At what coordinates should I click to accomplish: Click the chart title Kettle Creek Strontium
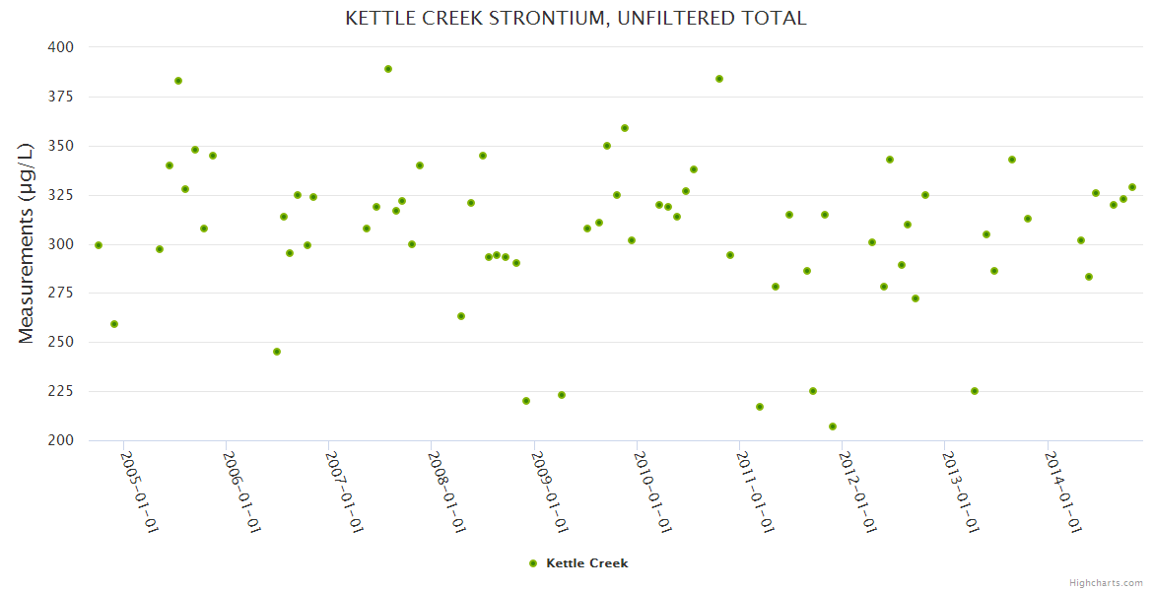pos(576,18)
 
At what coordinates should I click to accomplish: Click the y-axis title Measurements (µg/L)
pos(27,243)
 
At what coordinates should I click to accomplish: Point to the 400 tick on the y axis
pos(61,47)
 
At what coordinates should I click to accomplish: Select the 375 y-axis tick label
pos(61,97)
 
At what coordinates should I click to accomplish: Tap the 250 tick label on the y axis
pos(61,343)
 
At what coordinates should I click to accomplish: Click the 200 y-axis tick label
pos(61,440)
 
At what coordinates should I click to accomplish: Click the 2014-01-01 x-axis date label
pos(1064,492)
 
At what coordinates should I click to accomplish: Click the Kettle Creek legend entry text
pos(586,563)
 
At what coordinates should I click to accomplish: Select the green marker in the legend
pos(533,563)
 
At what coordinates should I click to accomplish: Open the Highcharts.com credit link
pos(1106,582)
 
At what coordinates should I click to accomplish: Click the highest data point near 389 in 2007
pos(388,69)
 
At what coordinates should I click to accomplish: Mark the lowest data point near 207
pos(833,427)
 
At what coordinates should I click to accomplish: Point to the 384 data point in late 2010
pos(719,79)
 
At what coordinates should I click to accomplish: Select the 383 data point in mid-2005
pos(178,81)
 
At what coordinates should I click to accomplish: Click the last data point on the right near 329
pos(1132,187)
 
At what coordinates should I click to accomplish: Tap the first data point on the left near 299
pos(99,245)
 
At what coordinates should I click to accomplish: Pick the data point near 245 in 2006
pos(277,352)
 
